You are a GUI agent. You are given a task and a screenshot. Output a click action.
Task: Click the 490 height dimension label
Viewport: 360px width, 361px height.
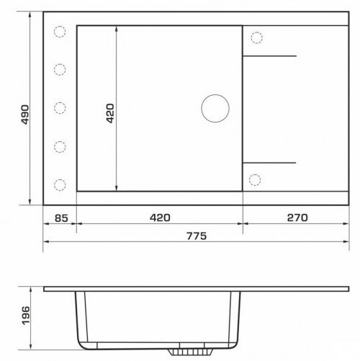[25, 115]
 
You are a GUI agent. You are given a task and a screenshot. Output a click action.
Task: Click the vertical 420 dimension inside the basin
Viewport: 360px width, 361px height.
[110, 113]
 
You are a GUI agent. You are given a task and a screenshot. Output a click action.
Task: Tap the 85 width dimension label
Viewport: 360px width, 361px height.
[61, 218]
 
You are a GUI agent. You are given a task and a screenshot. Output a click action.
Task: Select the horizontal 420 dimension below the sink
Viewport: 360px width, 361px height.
[160, 218]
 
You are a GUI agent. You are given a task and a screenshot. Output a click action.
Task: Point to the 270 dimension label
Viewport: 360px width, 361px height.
[297, 218]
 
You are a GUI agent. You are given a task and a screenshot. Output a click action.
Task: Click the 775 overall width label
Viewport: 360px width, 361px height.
[197, 236]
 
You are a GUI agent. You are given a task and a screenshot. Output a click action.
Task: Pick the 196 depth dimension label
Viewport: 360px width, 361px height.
[26, 316]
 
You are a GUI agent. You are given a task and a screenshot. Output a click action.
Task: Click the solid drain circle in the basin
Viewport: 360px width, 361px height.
[215, 108]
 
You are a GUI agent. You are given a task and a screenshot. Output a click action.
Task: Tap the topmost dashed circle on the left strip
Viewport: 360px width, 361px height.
[60, 32]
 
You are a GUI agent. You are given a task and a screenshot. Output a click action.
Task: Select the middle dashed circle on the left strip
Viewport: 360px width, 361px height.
[60, 108]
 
